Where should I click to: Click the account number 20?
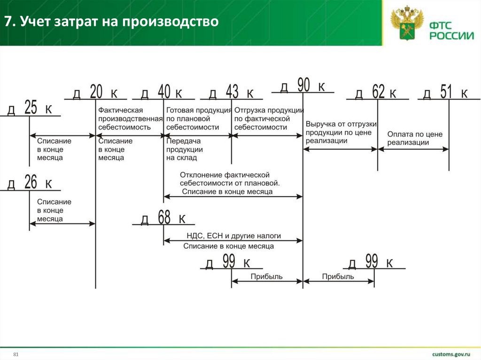tap(96, 92)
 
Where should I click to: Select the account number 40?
tap(164, 92)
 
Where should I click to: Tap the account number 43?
tap(232, 92)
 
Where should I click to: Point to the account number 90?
tap(303, 85)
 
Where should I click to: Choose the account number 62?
tap(378, 92)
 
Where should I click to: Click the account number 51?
tap(446, 92)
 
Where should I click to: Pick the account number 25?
tap(31, 108)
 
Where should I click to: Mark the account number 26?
tap(31, 182)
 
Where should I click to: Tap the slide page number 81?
tap(16, 353)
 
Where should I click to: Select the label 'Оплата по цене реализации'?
tap(415, 138)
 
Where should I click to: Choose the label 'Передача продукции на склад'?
tap(184, 149)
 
